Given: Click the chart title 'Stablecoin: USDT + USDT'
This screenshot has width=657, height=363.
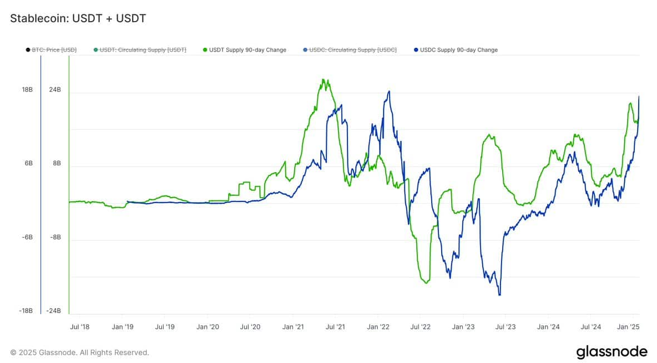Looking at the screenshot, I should point(78,18).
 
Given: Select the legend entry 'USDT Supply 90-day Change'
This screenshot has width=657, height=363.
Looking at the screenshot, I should point(247,50).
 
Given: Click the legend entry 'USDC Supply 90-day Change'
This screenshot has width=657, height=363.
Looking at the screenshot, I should point(458,50).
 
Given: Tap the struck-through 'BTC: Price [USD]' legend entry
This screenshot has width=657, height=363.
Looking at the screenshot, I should point(53,50).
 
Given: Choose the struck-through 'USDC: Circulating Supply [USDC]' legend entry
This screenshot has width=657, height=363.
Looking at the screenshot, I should point(353,50).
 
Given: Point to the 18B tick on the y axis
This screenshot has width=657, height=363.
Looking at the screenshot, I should point(27,90).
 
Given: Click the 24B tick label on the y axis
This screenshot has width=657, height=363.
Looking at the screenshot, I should point(55,90).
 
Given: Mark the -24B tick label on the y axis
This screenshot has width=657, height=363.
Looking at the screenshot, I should point(54,311).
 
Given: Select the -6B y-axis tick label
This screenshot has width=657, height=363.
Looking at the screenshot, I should point(27,237).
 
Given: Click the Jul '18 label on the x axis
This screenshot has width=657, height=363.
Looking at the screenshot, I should point(79,327).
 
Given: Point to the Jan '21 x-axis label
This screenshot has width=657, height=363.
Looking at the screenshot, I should point(292,327).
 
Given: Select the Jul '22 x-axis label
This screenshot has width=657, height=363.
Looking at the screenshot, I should point(421,327).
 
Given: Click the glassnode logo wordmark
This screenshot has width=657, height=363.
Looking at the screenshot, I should point(611,352).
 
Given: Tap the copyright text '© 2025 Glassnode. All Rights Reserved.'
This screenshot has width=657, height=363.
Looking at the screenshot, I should point(79,352).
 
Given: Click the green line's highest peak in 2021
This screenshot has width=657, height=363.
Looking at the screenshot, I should point(324,79).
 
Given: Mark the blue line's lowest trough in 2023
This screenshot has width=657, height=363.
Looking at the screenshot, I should point(499,295).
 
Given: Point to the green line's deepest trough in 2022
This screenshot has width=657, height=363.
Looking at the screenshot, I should point(426,283).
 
